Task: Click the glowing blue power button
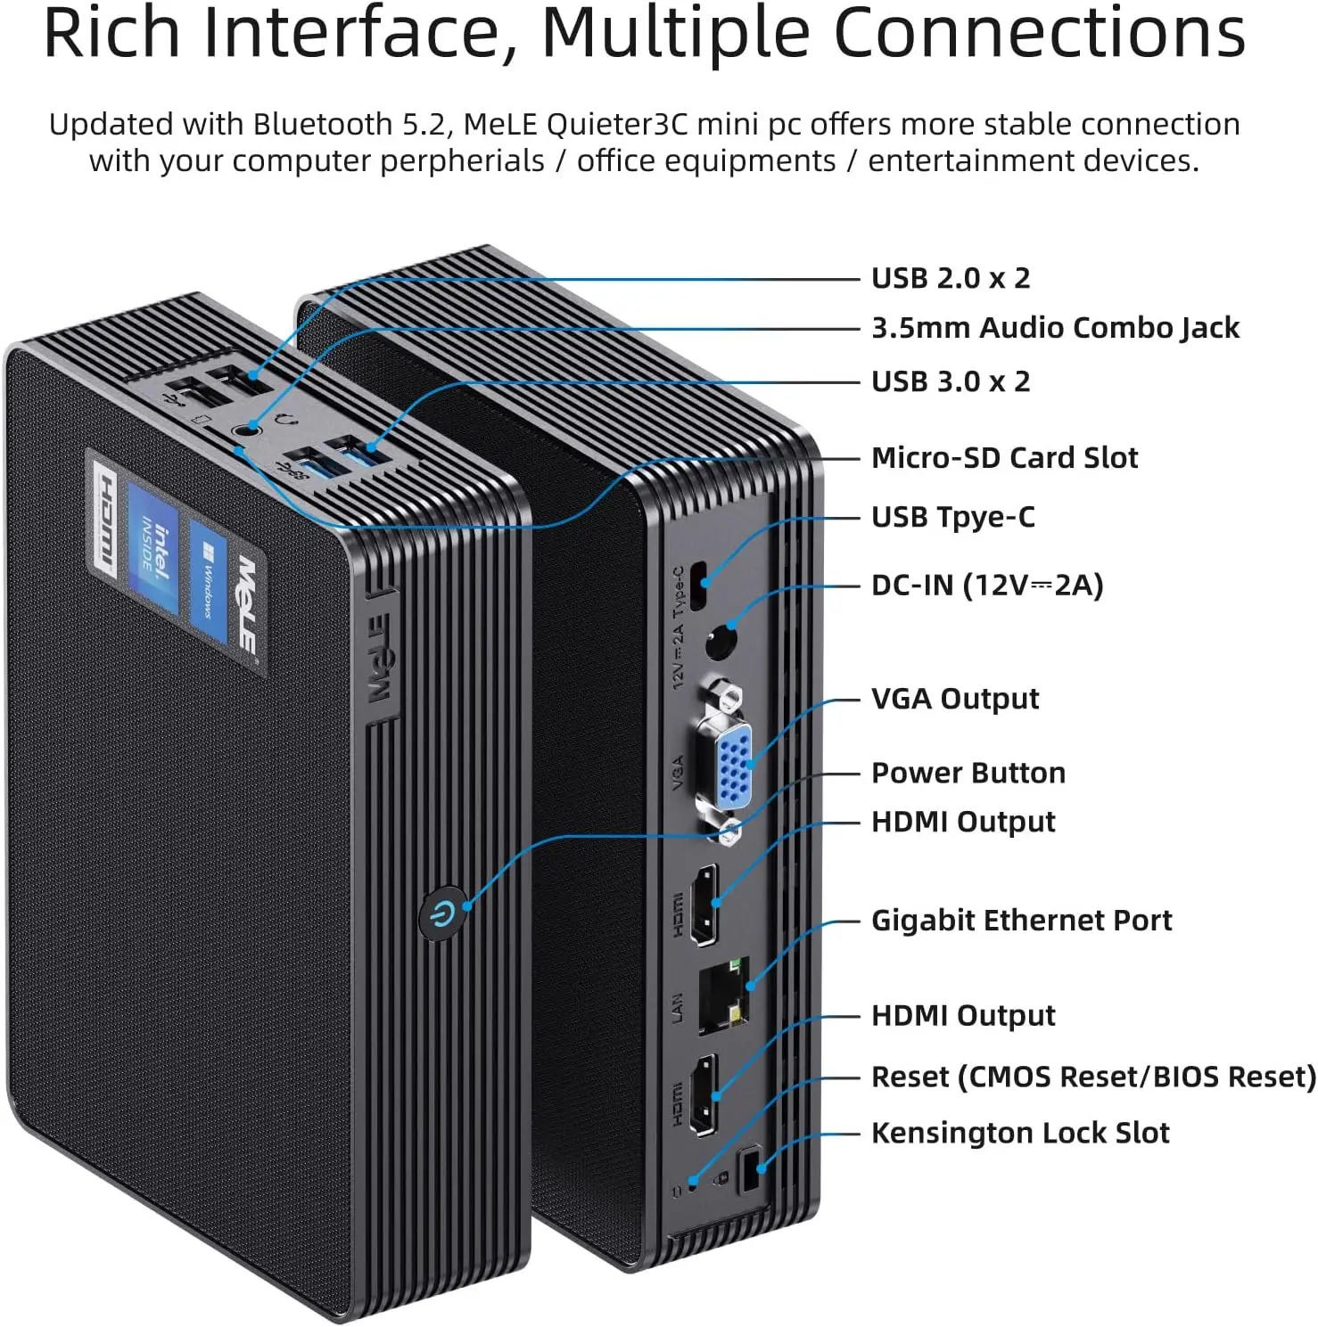tap(443, 913)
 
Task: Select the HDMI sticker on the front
tap(105, 522)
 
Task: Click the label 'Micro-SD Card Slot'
tap(1004, 458)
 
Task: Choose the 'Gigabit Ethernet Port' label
tap(1021, 921)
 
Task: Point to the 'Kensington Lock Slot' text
tap(1019, 1133)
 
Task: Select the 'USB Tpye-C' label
tap(952, 517)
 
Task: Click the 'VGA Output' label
tap(954, 699)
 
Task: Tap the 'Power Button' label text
tap(968, 773)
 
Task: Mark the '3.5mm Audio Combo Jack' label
tap(1055, 328)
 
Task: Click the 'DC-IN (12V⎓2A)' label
tap(986, 586)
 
